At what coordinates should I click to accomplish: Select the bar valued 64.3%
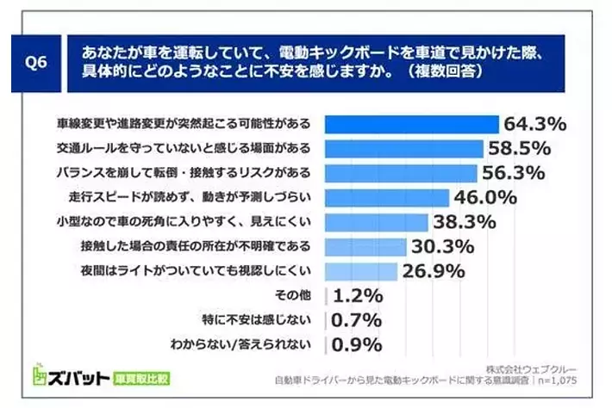pos(412,124)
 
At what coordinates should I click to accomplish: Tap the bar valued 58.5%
pos(404,148)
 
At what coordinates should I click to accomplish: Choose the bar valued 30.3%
pos(365,247)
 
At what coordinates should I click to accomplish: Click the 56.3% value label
pos(514,173)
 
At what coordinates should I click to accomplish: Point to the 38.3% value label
pos(466,223)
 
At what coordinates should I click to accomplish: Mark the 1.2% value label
pos(357,297)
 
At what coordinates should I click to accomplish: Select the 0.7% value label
pos(357,321)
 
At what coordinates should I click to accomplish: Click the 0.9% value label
pos(357,345)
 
